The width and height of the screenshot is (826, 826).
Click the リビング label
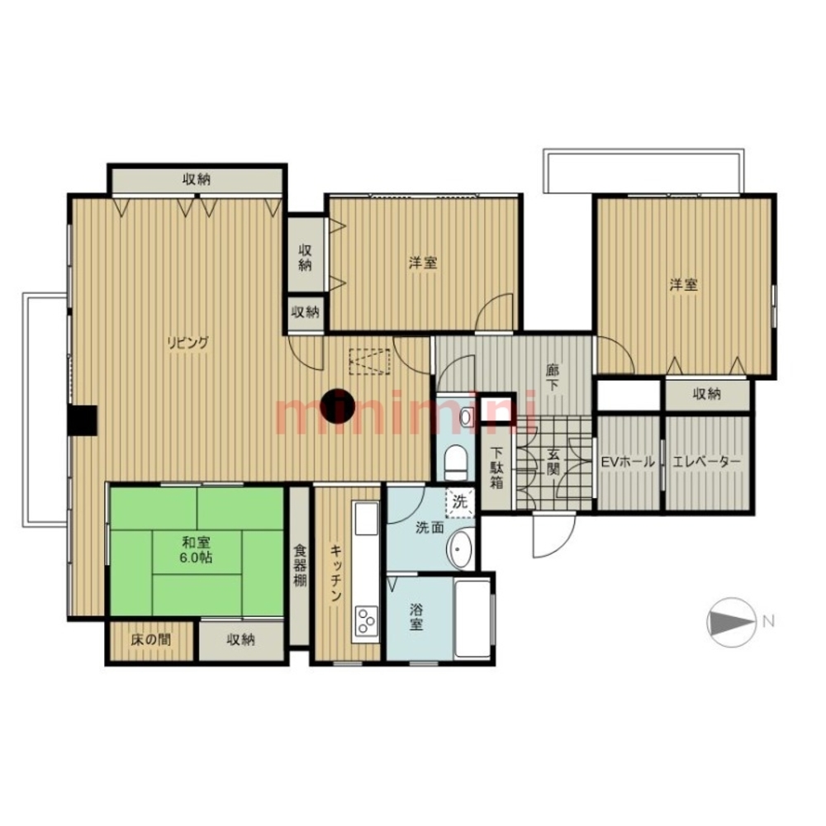[x=186, y=342]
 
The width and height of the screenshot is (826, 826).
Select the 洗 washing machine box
[x=459, y=501]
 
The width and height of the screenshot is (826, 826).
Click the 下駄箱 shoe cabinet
[x=497, y=468]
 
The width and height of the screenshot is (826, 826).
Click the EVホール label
[x=628, y=462]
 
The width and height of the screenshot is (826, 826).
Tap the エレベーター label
[x=708, y=462]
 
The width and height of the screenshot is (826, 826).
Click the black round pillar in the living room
[x=338, y=406]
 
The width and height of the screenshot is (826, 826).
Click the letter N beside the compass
[x=768, y=621]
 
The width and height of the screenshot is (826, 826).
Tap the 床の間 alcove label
[x=151, y=639]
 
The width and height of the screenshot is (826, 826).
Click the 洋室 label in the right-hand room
[x=683, y=285]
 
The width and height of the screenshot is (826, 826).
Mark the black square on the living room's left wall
[x=83, y=419]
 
